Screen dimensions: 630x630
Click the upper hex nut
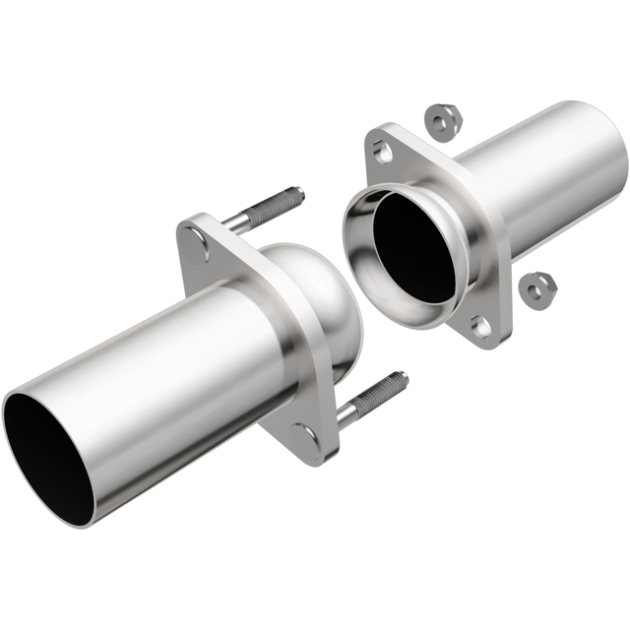pos(440,121)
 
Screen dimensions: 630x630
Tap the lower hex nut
pos(538,287)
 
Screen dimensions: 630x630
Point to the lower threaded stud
pos(372,397)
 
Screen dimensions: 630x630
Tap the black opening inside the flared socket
pos(413,246)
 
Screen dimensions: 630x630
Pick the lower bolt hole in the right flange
pos(480,326)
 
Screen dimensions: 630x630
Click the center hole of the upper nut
pos(440,121)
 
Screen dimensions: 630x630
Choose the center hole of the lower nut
pos(538,287)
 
